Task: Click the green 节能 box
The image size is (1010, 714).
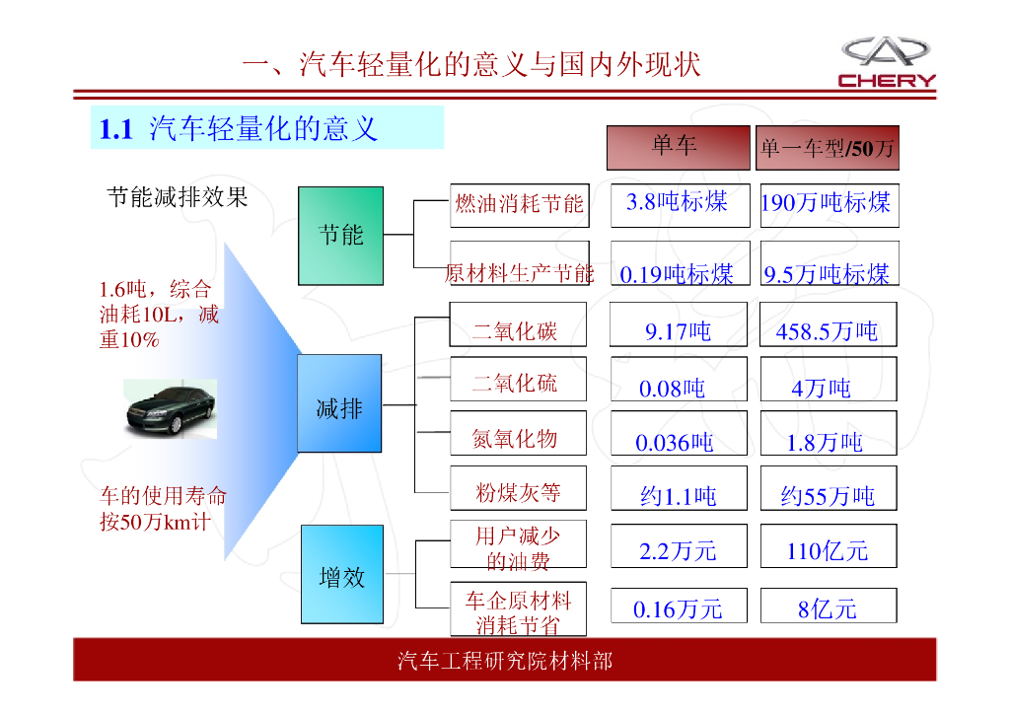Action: (340, 236)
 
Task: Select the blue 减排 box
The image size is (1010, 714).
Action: (339, 403)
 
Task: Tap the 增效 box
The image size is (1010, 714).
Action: (341, 574)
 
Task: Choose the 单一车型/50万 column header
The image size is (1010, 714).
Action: (827, 148)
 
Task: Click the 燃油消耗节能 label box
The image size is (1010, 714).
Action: (519, 205)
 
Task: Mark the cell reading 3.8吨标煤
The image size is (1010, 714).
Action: (679, 204)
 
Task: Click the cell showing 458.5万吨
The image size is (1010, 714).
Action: (828, 330)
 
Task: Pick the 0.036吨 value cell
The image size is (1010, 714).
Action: (677, 440)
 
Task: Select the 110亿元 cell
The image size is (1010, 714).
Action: (828, 548)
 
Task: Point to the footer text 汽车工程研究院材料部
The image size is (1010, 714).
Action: (504, 660)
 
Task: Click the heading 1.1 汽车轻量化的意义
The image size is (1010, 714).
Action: (240, 128)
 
